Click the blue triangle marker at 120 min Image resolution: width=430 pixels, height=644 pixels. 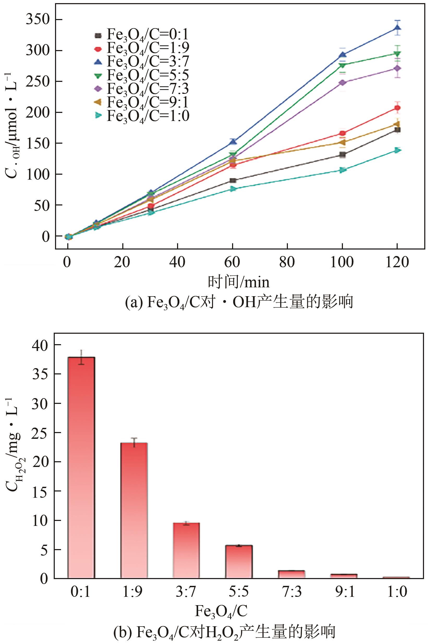click(397, 28)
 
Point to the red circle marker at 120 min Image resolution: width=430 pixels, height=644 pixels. click(397, 108)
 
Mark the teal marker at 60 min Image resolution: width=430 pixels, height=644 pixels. click(233, 189)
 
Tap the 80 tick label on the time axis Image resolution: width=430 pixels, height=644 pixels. click(287, 262)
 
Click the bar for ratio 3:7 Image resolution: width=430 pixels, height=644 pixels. click(186, 551)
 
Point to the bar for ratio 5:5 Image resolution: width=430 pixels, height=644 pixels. click(239, 563)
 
